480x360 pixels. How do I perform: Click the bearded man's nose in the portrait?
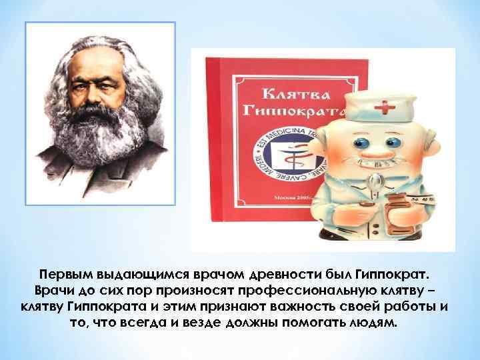click(x=90, y=97)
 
